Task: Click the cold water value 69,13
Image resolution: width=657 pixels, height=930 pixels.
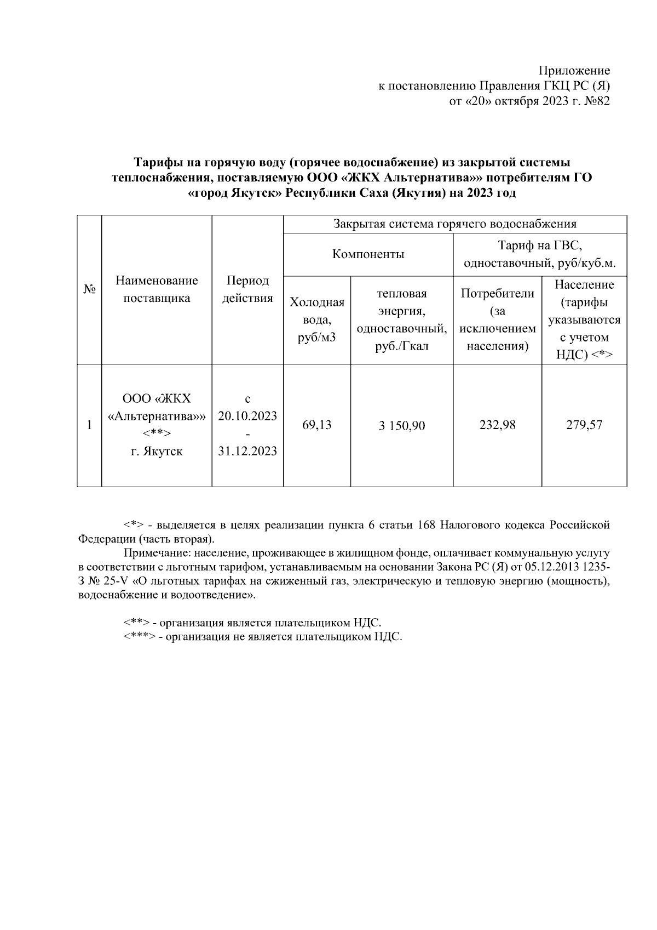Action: coord(316,425)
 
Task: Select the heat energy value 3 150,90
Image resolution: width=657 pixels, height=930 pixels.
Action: coord(401,426)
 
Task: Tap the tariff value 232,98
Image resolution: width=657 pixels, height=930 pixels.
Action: coord(497,425)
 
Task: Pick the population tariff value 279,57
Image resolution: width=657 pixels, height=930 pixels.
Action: coord(584,425)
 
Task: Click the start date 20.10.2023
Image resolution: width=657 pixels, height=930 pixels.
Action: coord(247,415)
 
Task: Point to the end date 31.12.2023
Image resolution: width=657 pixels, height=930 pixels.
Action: coord(247,451)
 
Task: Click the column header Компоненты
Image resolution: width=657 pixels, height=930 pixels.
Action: coord(368,254)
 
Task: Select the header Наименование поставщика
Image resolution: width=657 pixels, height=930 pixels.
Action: coord(157,289)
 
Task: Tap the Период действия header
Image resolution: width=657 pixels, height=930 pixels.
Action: coord(247,289)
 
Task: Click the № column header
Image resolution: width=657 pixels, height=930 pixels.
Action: coord(89,289)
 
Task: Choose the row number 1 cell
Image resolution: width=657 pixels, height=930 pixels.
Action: coord(89,425)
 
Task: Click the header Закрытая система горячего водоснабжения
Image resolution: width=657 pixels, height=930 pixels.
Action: coord(454,224)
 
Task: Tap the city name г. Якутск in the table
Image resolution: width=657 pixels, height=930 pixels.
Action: coord(157,452)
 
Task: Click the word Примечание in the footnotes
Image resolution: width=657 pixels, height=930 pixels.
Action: coord(155,554)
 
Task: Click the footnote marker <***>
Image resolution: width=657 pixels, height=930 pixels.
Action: coord(139,637)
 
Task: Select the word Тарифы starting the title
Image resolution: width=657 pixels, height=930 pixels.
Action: coord(157,163)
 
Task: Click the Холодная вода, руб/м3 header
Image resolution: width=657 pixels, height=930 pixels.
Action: coord(316,320)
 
